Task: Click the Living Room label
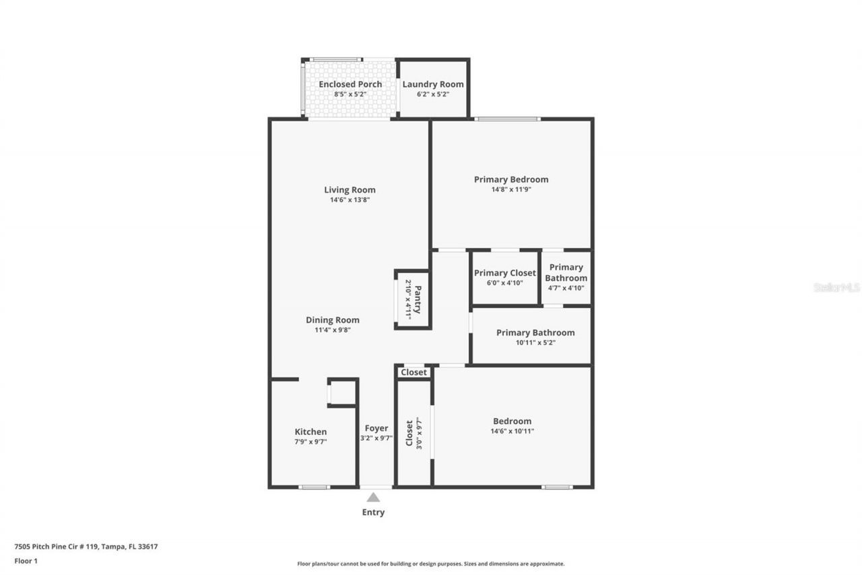pos(350,190)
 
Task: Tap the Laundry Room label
pos(433,84)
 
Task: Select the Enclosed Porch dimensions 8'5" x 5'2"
pos(350,94)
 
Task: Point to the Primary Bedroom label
pos(510,179)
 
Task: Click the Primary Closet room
pos(504,278)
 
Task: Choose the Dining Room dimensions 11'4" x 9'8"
pos(332,330)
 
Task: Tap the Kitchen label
pos(310,432)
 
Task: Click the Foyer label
pos(376,428)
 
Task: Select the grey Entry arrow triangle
pos(373,497)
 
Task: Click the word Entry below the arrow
pos(373,512)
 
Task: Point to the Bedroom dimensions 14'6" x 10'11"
pos(512,431)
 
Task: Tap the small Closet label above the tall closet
pos(413,372)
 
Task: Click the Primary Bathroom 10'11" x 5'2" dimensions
pos(535,342)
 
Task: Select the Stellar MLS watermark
pos(836,287)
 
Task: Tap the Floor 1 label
pos(26,560)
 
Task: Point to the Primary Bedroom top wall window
pos(507,119)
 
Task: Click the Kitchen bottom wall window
pos(314,487)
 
